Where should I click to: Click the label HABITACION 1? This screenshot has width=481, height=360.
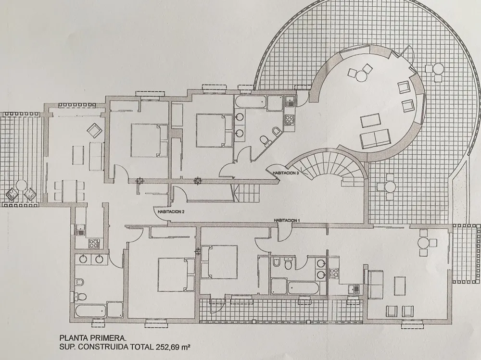[286, 221]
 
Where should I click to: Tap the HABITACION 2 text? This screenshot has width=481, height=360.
[171, 211]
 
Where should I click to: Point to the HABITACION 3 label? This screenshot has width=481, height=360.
[286, 173]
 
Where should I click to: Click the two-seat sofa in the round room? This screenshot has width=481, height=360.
[375, 137]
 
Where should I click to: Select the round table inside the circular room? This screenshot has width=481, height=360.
[361, 75]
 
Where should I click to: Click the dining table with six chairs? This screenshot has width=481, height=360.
[69, 190]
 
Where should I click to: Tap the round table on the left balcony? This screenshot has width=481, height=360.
[21, 186]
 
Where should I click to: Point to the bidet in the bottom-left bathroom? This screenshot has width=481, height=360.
[79, 282]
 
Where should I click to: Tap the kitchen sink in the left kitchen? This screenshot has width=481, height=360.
[81, 229]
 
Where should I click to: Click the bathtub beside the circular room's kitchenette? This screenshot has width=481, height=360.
[250, 102]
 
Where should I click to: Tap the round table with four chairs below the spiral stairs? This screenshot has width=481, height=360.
[390, 186]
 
